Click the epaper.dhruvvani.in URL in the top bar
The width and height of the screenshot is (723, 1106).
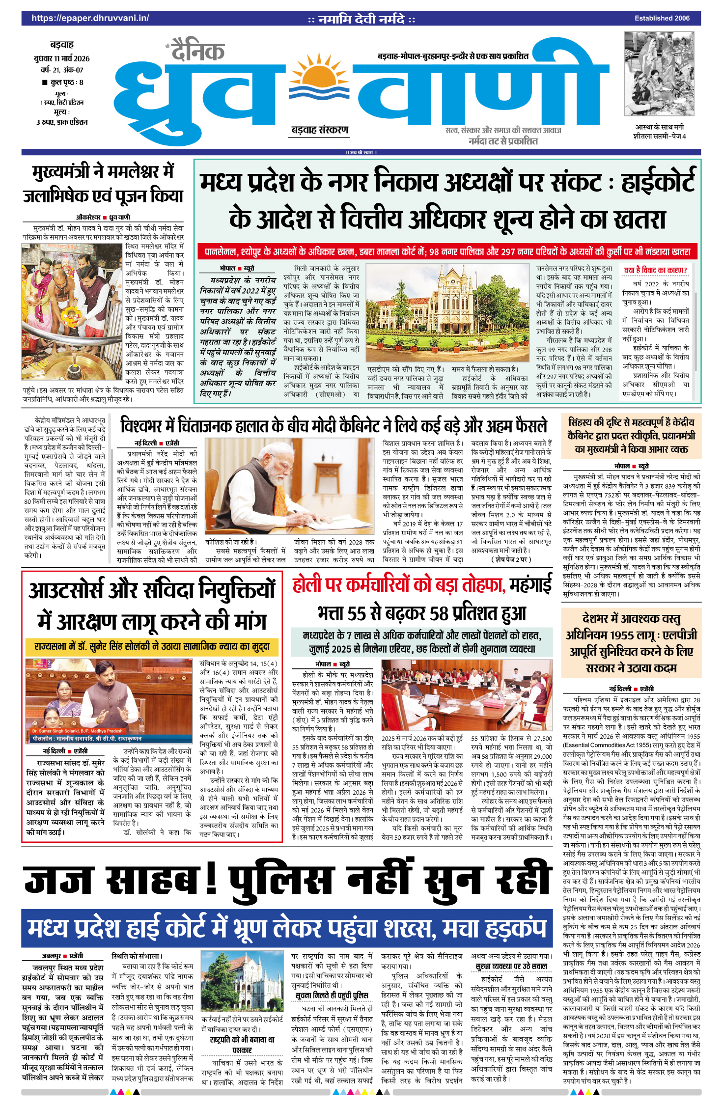[x=90, y=18]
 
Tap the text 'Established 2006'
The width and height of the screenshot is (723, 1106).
[x=662, y=18]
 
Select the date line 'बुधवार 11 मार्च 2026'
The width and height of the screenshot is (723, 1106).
[x=62, y=58]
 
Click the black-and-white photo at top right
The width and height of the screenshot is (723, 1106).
[x=659, y=74]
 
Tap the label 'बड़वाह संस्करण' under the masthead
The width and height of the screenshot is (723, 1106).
[x=320, y=130]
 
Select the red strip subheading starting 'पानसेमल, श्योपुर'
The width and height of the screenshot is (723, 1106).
[x=447, y=252]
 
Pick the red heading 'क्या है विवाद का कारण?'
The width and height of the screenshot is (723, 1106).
[x=655, y=270]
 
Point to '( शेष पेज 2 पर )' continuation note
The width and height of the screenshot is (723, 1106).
[x=511, y=559]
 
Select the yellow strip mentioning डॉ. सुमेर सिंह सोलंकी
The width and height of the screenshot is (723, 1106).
[x=152, y=646]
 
